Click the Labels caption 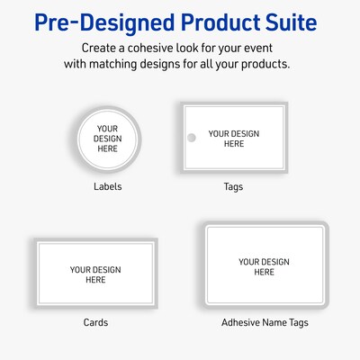coord(108,187)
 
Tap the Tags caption coord(233,187)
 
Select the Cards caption coord(95,321)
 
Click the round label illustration coord(108,138)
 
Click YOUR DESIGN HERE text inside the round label coord(108,138)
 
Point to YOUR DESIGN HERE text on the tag coord(234,139)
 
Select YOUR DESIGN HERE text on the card coord(95,274)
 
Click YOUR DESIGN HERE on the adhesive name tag coord(264,267)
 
